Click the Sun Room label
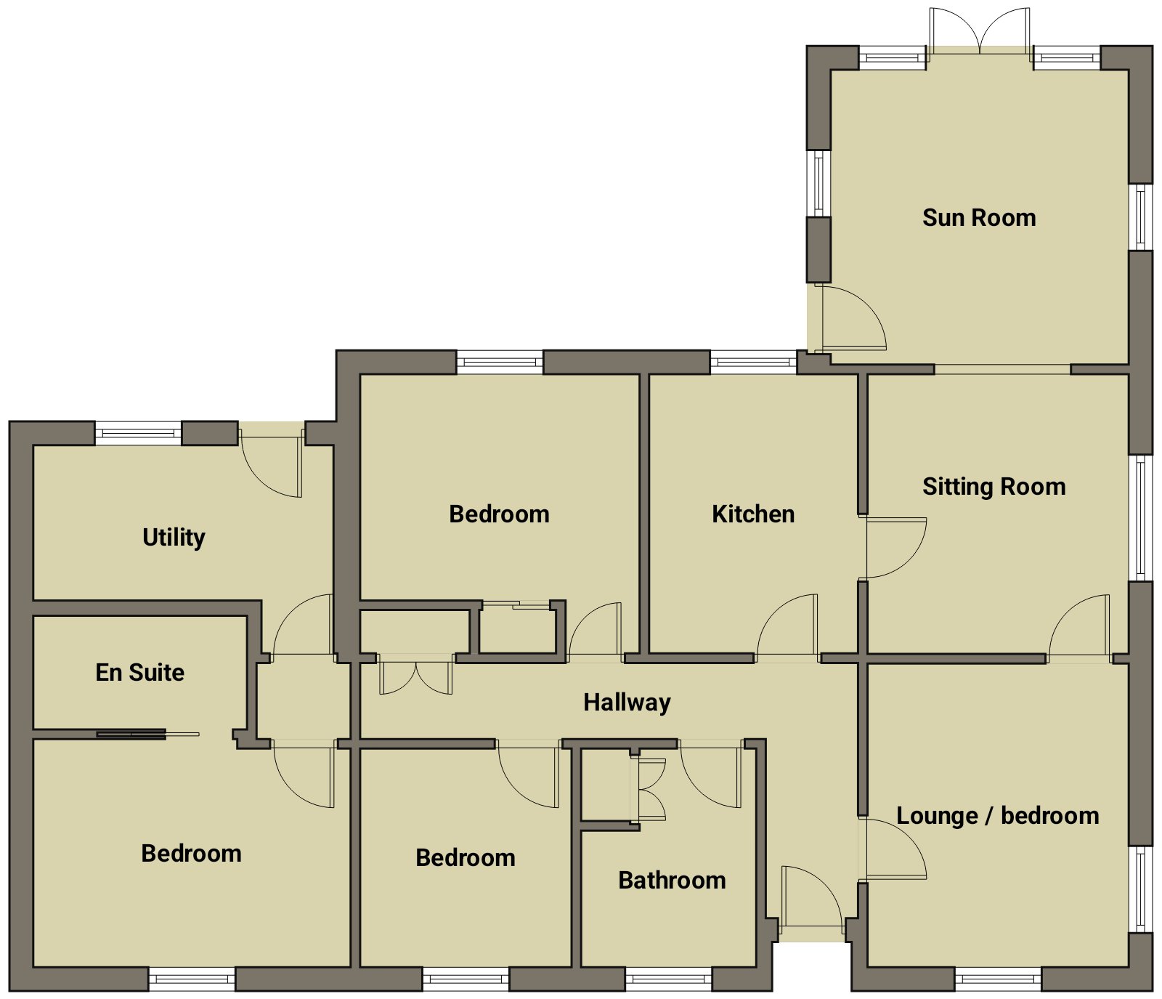[979, 217]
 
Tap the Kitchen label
[753, 514]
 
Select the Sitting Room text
[994, 486]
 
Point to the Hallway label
[627, 703]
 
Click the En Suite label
[140, 672]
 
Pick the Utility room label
[174, 538]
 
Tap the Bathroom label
[672, 880]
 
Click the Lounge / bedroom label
[998, 816]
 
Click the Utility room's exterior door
[270, 461]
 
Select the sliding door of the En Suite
[147, 734]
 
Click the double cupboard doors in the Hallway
[415, 675]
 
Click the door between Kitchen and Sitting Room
[895, 548]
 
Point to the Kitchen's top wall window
[753, 361]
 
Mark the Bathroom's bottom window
[669, 979]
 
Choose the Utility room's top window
[138, 433]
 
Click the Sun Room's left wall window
[818, 184]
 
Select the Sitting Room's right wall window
[1140, 518]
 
